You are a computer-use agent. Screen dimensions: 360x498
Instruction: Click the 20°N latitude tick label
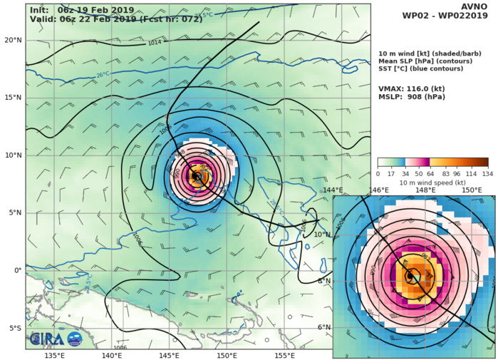(x=12, y=40)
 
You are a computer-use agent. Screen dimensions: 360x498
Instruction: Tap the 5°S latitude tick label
(x=14, y=329)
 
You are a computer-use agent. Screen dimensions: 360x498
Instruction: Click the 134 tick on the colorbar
(x=488, y=173)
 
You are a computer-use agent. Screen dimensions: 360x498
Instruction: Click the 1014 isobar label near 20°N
(x=155, y=43)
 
